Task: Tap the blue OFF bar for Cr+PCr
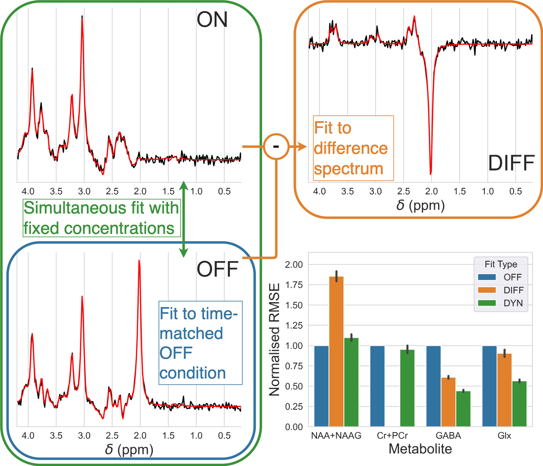pyautogui.click(x=377, y=386)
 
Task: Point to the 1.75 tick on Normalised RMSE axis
pyautogui.click(x=294, y=285)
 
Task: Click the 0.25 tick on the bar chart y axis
pyautogui.click(x=294, y=407)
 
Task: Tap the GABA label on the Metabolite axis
pyautogui.click(x=448, y=436)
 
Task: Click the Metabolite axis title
pyautogui.click(x=420, y=449)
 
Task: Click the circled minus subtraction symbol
pyautogui.click(x=276, y=146)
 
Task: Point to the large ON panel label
pyautogui.click(x=212, y=20)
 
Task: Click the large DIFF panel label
pyautogui.click(x=511, y=163)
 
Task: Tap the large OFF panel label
pyautogui.click(x=217, y=269)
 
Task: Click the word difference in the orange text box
pyautogui.click(x=351, y=148)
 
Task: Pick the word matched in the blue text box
pyautogui.click(x=191, y=334)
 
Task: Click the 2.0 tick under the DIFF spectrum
pyautogui.click(x=431, y=192)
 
